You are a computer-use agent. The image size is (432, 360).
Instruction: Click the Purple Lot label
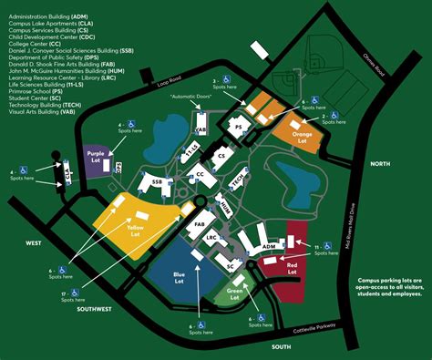click(98, 157)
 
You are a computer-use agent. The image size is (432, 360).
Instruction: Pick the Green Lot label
click(235, 293)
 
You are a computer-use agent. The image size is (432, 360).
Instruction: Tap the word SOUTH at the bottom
click(281, 347)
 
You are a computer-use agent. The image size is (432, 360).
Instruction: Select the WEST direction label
click(35, 243)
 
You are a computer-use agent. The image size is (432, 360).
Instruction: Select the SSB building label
click(157, 183)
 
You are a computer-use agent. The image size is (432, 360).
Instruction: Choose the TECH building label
click(236, 181)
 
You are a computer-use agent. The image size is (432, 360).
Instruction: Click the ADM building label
click(268, 246)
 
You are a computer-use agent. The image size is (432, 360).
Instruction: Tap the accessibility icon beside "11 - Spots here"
click(330, 247)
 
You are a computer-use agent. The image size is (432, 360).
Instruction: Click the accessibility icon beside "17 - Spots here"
click(62, 293)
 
